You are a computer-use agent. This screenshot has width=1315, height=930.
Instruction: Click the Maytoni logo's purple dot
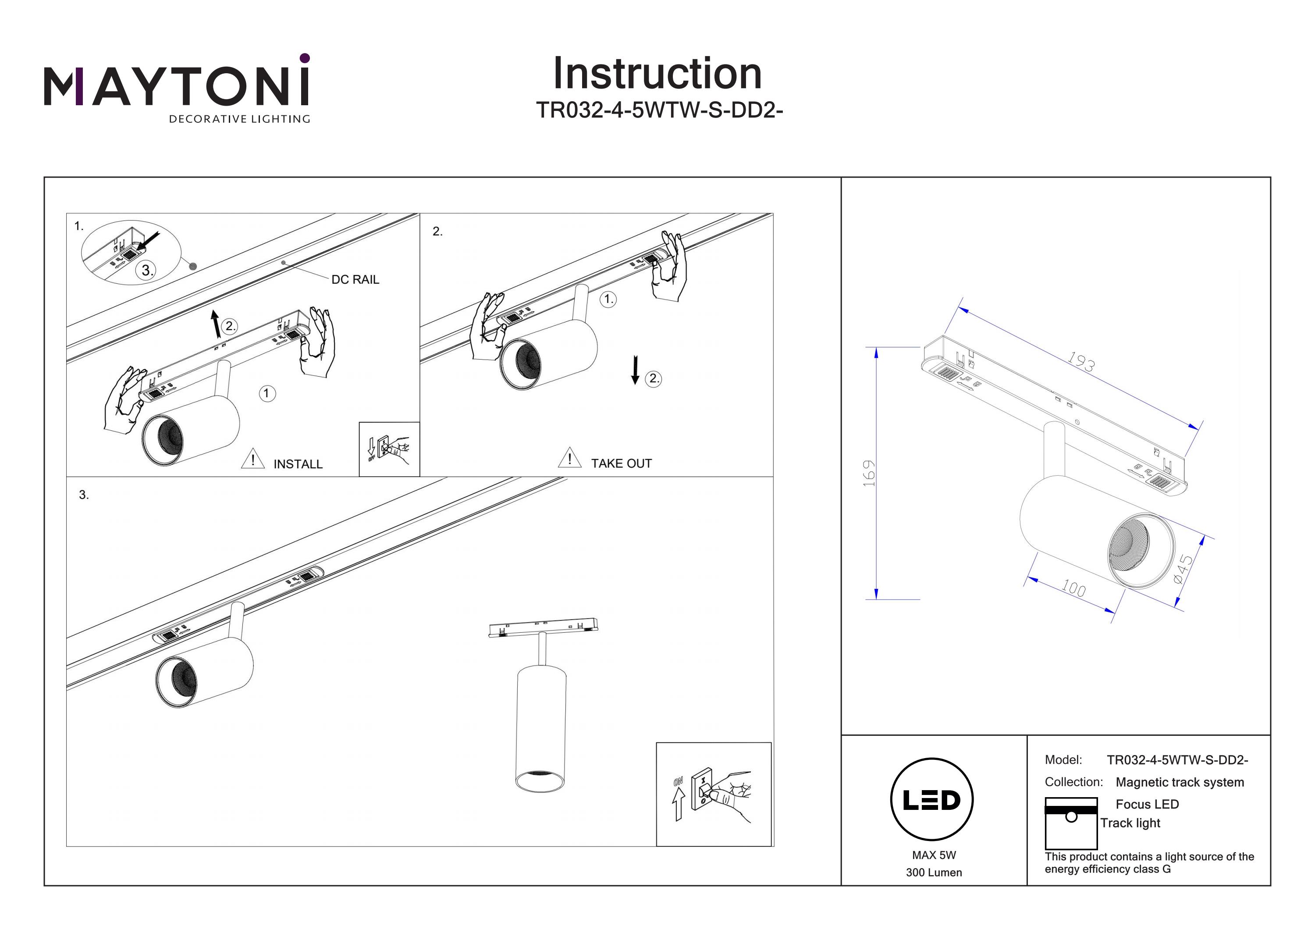coord(305,58)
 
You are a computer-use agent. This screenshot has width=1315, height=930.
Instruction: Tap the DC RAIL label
coord(355,280)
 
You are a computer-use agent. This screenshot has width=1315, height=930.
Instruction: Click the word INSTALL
coord(298,464)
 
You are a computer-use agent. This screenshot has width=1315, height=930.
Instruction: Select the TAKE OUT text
coord(622,463)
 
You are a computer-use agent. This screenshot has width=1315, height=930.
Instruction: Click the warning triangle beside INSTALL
coord(252,460)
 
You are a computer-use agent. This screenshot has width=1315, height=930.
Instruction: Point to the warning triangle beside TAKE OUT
coord(569,458)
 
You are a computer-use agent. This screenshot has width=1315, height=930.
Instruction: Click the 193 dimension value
coord(1081,362)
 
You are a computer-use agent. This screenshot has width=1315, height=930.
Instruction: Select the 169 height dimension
coord(869,473)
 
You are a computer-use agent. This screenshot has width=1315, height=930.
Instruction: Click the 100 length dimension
coord(1073,588)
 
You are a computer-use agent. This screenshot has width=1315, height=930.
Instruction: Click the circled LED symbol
coord(932,800)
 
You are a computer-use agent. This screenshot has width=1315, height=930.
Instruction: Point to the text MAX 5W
coord(934,855)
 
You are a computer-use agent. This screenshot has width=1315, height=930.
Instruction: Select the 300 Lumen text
coord(934,873)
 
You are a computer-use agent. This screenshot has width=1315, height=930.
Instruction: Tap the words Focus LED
coord(1147,805)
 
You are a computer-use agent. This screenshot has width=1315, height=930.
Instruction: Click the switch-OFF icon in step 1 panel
coord(389,449)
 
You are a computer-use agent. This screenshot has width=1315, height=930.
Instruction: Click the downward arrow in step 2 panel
coord(635,370)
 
